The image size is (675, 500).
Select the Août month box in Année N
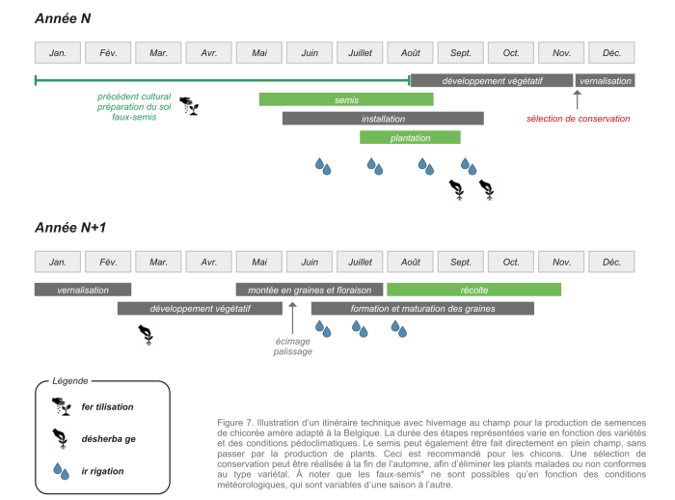coord(411,52)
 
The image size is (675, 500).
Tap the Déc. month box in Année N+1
coord(611,262)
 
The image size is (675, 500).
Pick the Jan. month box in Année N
coord(58,52)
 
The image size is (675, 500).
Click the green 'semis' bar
coord(346,99)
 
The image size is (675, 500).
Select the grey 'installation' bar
coord(382,118)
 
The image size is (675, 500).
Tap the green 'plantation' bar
coord(410,137)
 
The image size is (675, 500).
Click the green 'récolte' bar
coord(473,290)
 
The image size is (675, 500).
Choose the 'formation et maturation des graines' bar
coord(422,309)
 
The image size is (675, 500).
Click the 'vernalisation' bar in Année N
coord(605,80)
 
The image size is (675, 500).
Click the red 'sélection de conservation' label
coord(579,119)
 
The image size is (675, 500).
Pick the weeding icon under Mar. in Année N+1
coord(147,334)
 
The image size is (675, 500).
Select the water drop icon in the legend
coord(63,471)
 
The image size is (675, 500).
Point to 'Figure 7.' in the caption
coord(237,424)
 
